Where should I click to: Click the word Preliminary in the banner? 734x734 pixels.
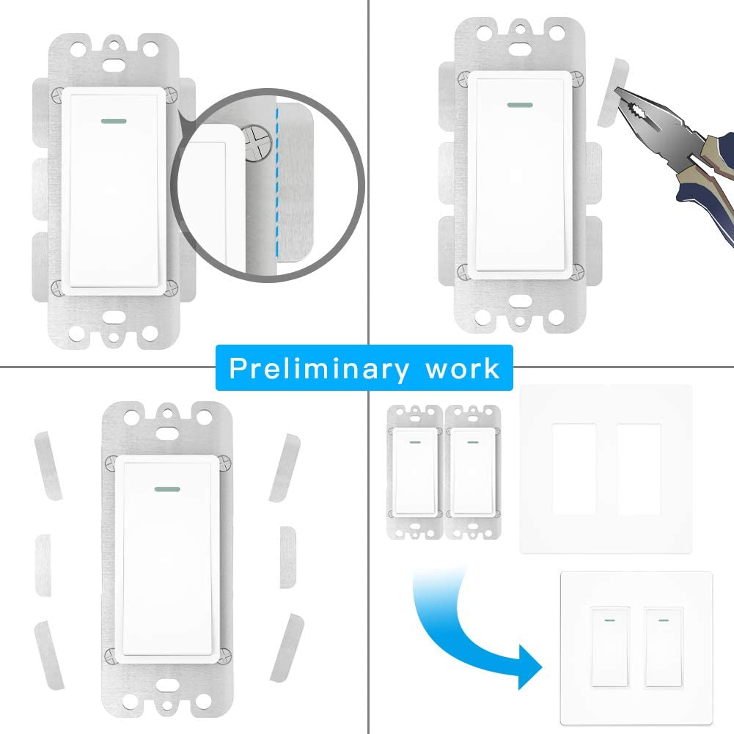coord(318,370)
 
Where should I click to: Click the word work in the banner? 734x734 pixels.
coord(463,369)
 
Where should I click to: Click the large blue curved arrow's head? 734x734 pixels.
coord(529,666)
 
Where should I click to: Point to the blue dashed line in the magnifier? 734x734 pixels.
coord(276,183)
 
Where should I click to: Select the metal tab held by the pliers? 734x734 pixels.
coord(612,92)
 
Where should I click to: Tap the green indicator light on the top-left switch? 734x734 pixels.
coord(114,121)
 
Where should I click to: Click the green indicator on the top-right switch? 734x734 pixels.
coord(520,105)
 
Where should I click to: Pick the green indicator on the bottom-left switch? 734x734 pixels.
coord(167,489)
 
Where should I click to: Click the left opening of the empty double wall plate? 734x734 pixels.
coord(574,469)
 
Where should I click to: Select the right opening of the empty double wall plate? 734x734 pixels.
coord(639,469)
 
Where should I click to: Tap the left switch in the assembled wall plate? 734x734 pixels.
coord(610,647)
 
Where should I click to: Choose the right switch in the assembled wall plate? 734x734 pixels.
coord(664,647)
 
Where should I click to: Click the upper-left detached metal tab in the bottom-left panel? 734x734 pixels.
coord(48,466)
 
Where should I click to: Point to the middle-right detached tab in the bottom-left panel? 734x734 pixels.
coord(288,557)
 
